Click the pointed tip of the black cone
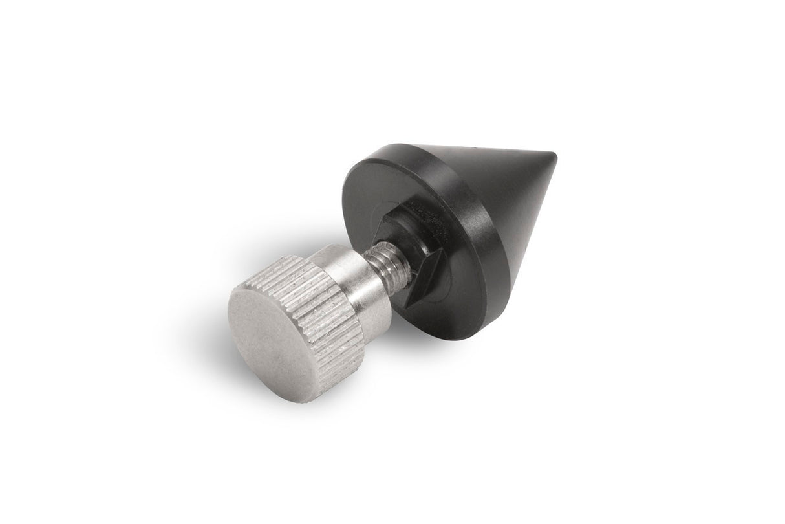pyautogui.click(x=554, y=157)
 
